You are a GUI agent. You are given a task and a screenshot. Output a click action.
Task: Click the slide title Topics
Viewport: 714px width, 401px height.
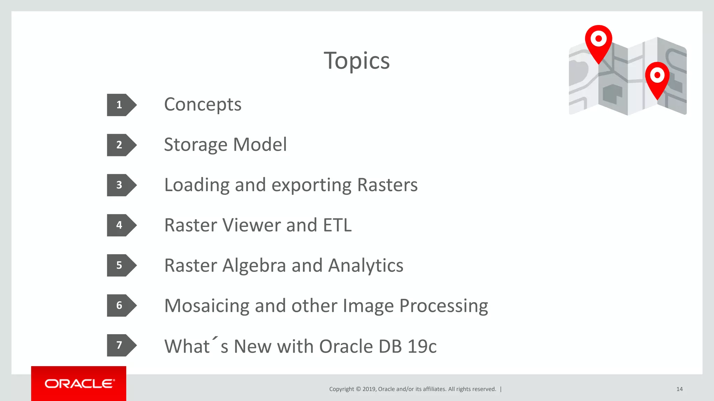[357, 61]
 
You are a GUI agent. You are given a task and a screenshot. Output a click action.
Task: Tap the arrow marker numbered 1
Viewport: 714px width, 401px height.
[121, 105]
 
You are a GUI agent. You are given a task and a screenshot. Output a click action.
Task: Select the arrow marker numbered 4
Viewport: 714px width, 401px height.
[121, 225]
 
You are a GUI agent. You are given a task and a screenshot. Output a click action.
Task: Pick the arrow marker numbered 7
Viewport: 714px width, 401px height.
[121, 345]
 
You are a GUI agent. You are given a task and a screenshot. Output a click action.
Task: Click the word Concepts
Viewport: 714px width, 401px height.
[203, 104]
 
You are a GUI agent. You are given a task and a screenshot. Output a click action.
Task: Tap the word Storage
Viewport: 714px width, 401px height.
[196, 145]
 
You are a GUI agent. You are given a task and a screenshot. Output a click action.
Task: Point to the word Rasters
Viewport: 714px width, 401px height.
[387, 185]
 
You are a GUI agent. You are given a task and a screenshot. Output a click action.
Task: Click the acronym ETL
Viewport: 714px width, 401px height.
[337, 225]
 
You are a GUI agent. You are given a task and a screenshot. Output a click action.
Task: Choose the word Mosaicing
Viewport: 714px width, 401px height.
[206, 306]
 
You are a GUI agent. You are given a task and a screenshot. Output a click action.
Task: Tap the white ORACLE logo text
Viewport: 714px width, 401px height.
[79, 384]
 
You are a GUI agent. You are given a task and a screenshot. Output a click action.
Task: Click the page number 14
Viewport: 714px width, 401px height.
[679, 389]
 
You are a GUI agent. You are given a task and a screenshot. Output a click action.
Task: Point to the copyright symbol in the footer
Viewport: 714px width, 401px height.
[358, 389]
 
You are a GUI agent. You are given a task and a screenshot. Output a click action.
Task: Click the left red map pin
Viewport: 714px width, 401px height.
[598, 41]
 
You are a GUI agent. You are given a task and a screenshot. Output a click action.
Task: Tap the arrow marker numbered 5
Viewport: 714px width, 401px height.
[121, 265]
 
